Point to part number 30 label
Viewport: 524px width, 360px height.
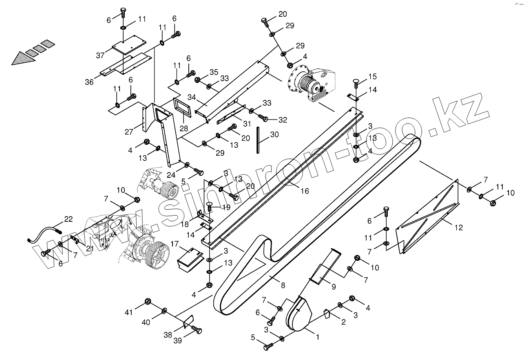point(274,135)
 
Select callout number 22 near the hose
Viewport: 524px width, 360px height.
point(68,219)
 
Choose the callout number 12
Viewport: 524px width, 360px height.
point(459,228)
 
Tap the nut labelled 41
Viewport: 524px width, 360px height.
point(148,302)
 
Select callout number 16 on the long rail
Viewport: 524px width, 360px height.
point(305,190)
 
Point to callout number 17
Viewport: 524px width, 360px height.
point(175,244)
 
